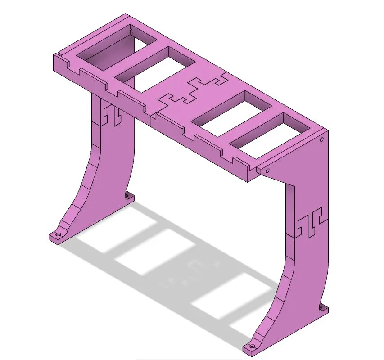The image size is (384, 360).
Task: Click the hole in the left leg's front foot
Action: (57, 235)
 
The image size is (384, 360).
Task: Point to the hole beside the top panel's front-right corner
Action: (267, 171)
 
